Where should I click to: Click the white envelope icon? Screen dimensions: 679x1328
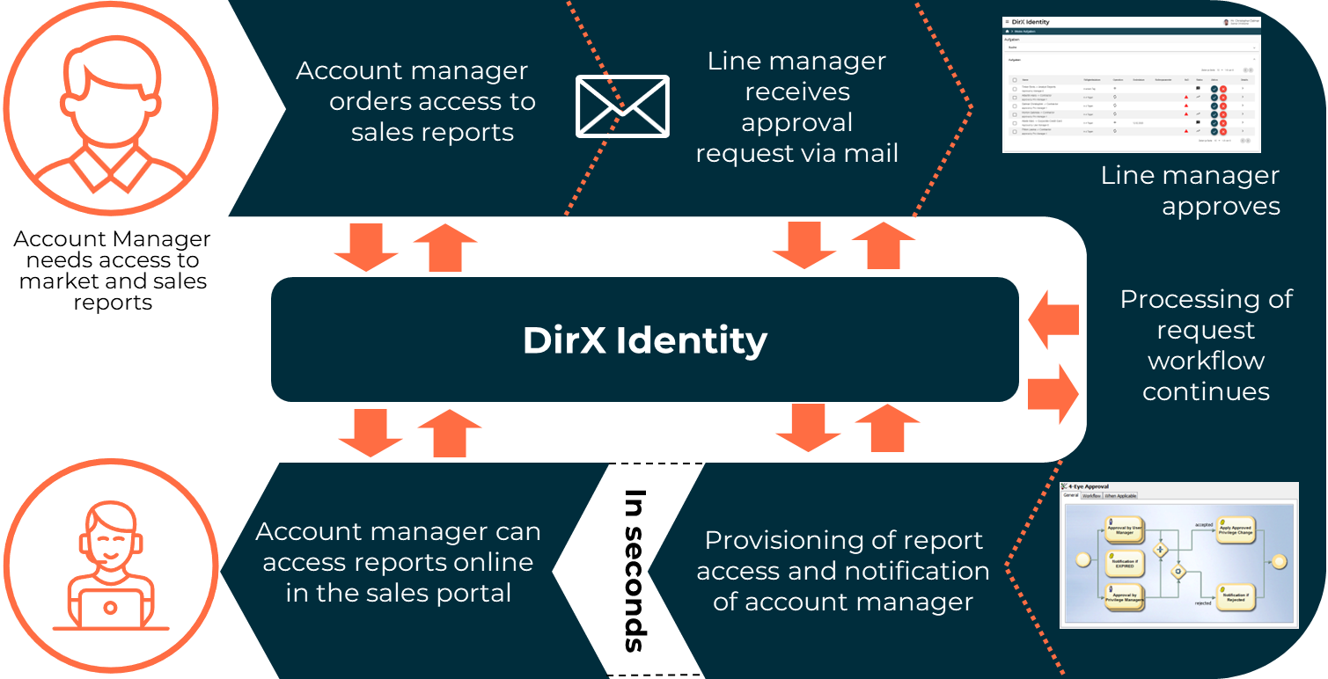click(x=622, y=106)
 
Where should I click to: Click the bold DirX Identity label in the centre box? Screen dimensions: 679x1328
click(x=645, y=340)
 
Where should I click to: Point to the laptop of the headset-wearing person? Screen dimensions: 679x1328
click(x=110, y=606)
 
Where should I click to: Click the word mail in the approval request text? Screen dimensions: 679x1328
click(x=867, y=153)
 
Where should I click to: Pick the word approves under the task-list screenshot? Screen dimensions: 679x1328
click(x=1221, y=206)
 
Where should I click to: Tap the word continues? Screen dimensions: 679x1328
click(x=1206, y=391)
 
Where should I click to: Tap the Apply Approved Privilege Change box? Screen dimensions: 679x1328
click(x=1236, y=530)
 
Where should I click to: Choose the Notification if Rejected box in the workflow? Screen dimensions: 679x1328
click(x=1236, y=597)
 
